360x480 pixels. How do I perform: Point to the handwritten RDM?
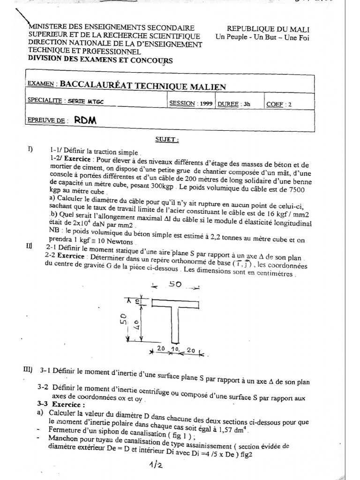point(84,120)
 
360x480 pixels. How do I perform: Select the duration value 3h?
point(246,105)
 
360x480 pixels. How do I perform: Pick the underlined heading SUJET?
point(167,139)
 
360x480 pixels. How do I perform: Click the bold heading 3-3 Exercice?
point(61,404)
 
